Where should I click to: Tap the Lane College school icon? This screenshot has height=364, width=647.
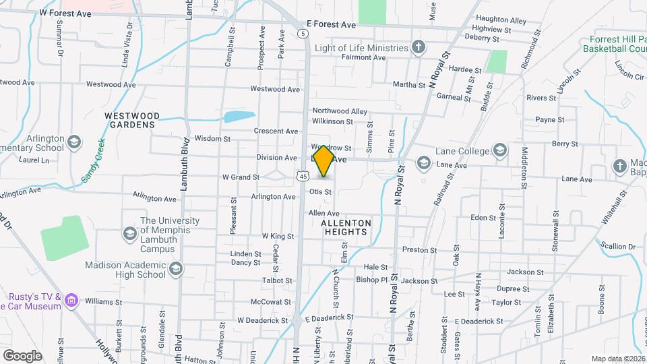tap(499, 150)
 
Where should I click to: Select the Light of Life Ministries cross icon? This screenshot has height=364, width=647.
tap(419, 47)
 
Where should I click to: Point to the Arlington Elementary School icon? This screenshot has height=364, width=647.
tap(73, 142)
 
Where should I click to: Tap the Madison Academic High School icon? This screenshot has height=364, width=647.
tap(175, 270)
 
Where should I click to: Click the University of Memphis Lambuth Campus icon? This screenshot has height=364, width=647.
tap(129, 233)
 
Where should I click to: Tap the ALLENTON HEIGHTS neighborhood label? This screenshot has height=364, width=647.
tap(346, 227)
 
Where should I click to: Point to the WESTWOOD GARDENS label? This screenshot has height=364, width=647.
tap(131, 120)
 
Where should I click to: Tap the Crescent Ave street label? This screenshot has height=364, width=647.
tap(276, 131)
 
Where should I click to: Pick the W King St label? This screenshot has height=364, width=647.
tap(278, 237)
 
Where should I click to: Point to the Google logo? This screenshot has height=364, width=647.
tap(22, 355)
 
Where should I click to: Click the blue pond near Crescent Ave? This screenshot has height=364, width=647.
tap(239, 116)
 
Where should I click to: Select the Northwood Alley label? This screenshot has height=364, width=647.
tap(340, 111)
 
